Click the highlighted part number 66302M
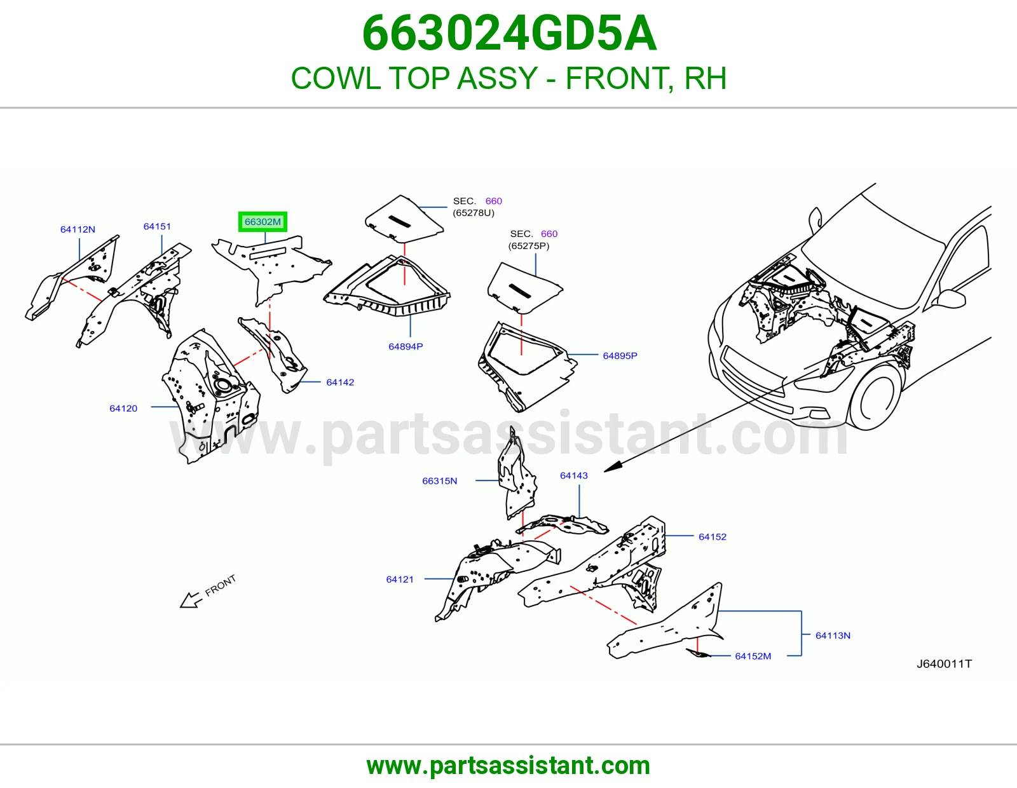point(263,222)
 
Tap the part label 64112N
point(78,229)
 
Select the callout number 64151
point(157,226)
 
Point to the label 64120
point(123,409)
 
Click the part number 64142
point(340,383)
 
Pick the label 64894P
point(406,347)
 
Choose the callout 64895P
point(620,356)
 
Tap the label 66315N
point(439,481)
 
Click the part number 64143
point(574,476)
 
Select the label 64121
point(400,580)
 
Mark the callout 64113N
point(833,635)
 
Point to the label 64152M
point(753,656)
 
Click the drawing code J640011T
point(944,663)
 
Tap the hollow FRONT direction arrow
point(191,600)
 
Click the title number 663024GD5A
point(509,33)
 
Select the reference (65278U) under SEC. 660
point(473,213)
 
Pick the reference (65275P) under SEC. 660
point(529,246)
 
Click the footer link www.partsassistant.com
point(508,766)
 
